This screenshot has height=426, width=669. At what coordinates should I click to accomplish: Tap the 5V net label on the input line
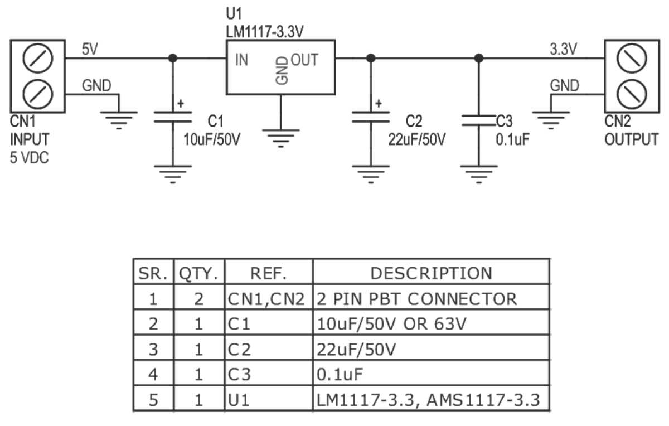[90, 49]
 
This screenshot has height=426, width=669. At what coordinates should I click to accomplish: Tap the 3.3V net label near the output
[563, 49]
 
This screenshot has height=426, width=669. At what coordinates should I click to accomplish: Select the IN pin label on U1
[241, 60]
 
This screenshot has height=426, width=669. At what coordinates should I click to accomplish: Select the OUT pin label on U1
[304, 60]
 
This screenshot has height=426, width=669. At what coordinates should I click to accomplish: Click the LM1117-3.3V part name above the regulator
[265, 32]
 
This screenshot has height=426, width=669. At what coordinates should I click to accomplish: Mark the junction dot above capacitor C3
[478, 57]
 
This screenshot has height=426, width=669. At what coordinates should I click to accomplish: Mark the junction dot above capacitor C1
[173, 57]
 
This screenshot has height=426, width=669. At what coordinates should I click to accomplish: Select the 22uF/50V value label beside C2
[417, 139]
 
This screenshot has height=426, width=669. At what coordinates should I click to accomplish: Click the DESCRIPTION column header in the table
[431, 273]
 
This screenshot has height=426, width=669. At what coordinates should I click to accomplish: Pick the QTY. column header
[199, 273]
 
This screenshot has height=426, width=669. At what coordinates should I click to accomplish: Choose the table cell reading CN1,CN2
[267, 299]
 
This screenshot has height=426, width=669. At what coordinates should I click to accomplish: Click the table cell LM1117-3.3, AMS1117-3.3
[428, 400]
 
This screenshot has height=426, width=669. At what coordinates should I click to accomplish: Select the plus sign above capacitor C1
[180, 104]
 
